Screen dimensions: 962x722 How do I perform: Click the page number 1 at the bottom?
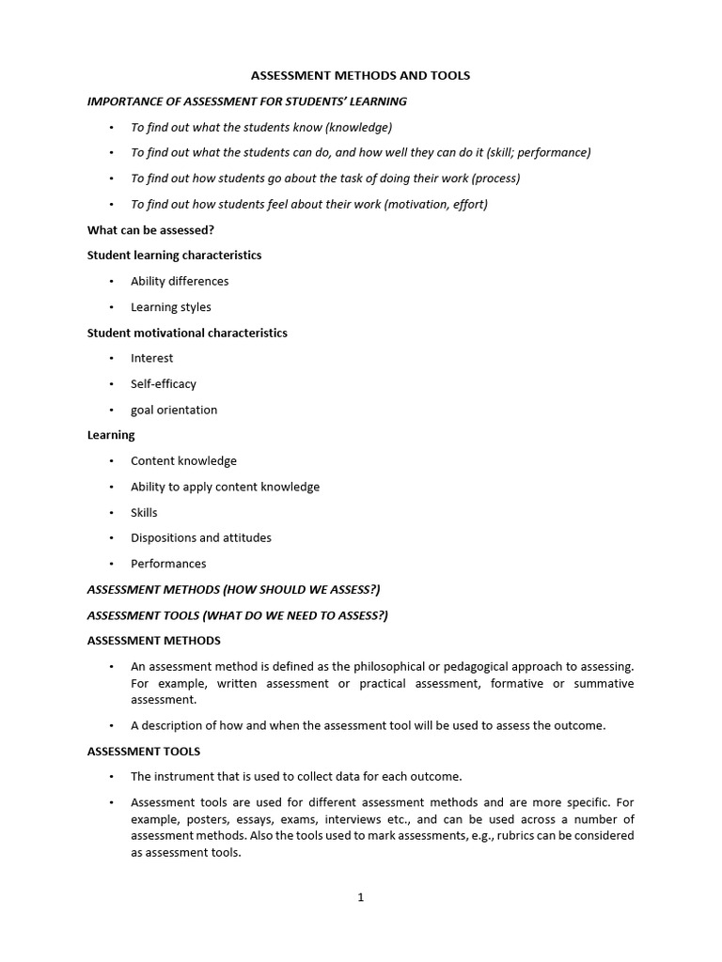point(360,897)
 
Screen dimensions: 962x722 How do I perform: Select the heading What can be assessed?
point(144,229)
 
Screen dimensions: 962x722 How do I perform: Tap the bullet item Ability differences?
point(180,281)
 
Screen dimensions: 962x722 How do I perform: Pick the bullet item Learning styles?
point(171,307)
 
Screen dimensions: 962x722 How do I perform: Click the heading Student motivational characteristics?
point(187,333)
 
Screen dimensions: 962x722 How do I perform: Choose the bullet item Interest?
point(152,358)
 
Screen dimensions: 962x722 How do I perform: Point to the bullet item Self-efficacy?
point(164,383)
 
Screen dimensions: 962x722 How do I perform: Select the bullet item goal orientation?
point(174,410)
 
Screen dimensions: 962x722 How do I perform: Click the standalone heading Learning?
point(111,435)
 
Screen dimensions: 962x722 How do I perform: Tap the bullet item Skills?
point(145,512)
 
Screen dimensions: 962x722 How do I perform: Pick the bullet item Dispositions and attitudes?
point(201,537)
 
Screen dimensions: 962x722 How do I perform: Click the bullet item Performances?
point(168,564)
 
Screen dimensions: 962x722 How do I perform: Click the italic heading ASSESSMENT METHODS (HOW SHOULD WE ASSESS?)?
point(233,589)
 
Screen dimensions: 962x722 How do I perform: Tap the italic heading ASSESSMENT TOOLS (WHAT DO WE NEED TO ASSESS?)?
point(237,615)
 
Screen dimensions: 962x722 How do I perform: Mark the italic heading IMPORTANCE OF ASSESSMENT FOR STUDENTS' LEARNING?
point(247,101)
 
